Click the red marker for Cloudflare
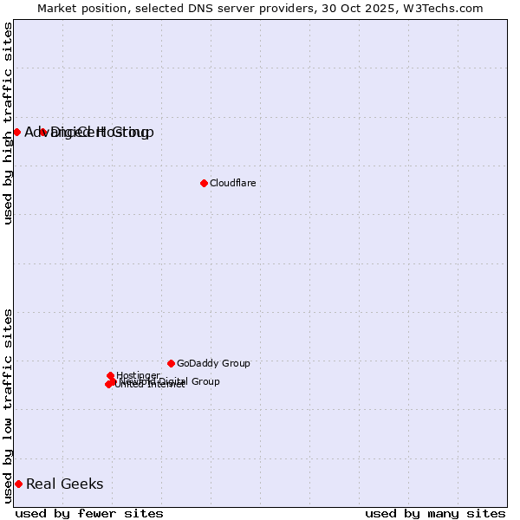coord(204,183)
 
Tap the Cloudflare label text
coord(232,183)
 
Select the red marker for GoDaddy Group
coord(171,363)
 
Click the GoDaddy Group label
coord(213,363)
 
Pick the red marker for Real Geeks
coord(18,484)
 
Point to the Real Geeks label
coord(65,484)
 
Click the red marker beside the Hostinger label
coord(110,376)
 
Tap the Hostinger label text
coord(138,375)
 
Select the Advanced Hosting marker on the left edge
coord(16,132)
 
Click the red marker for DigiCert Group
coord(42,132)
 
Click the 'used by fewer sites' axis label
coord(89,513)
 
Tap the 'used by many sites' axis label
coord(435,513)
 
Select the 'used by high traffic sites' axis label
coord(8,123)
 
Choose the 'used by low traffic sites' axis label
coord(8,405)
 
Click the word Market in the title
coord(58,8)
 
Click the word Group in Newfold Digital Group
coord(205,381)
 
